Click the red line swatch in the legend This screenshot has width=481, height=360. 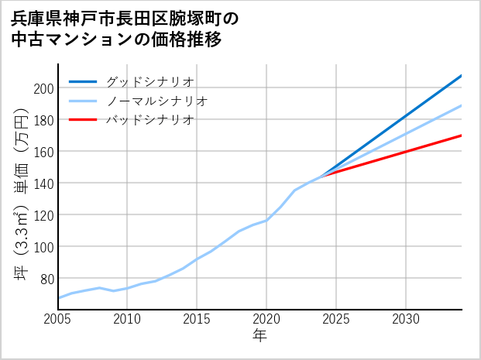pos(83,120)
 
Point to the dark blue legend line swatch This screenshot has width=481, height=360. pos(83,81)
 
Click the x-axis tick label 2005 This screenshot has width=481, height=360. pos(58,320)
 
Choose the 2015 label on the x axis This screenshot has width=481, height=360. pos(197,320)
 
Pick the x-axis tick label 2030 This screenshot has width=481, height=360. pos(406,320)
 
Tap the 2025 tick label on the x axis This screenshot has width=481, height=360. pos(336,320)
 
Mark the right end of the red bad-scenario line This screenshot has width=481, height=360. pos(461,135)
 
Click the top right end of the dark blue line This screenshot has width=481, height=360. pos(461,76)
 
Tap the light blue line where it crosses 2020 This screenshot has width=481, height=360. pos(266,220)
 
